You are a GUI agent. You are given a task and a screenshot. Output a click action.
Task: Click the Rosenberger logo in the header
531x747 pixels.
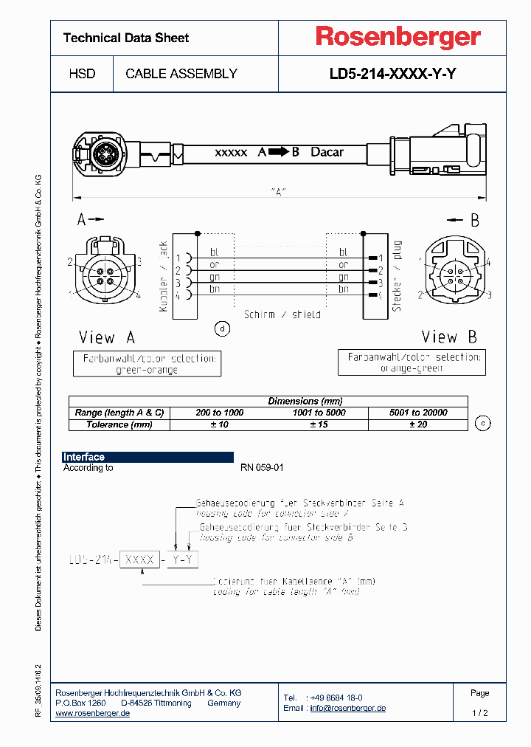pos(398,37)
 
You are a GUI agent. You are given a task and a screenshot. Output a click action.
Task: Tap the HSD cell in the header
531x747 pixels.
pos(82,74)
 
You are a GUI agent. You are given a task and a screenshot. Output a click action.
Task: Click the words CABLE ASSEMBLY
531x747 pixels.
pos(181,74)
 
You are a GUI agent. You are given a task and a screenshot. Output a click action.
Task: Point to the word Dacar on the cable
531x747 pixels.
pos(327,152)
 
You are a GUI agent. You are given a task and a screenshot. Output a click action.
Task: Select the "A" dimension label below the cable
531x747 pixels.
pos(278,191)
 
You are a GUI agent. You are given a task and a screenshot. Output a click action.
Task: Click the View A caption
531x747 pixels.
pos(107,337)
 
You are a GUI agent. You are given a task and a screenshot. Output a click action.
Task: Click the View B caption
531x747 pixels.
pos(449,337)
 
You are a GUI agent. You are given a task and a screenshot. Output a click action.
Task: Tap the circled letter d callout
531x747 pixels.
pos(221,328)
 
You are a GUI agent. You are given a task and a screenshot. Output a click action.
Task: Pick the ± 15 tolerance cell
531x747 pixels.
pos(318,424)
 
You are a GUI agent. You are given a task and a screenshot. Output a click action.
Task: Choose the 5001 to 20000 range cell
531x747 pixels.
pos(418,413)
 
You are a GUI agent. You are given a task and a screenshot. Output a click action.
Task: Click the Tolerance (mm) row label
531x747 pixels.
pos(120,424)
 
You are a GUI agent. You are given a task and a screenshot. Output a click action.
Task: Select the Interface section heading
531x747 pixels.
pos(84,457)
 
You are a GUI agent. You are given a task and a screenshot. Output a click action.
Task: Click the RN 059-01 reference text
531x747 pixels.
pos(262,468)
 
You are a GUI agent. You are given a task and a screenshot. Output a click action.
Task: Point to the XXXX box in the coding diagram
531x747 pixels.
pos(140,560)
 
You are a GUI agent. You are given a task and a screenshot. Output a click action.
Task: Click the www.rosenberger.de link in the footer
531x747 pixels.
pos(93,713)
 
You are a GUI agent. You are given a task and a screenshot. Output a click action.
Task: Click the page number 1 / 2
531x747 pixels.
pos(479,713)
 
